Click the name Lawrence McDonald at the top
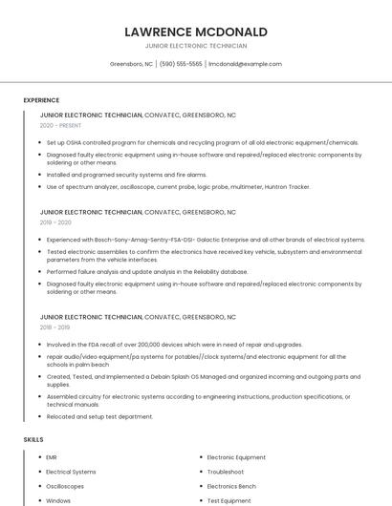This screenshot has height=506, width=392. point(195,32)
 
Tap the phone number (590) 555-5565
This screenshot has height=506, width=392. point(181,64)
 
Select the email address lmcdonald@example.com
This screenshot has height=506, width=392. point(245,64)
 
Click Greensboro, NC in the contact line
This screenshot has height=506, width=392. point(131,64)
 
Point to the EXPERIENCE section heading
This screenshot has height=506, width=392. point(41,100)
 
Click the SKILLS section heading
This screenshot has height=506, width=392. point(33,439)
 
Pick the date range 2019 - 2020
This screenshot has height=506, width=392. point(55,221)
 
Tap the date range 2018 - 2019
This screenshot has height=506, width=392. point(55,326)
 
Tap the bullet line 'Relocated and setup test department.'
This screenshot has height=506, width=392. point(99,416)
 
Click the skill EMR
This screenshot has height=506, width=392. point(52,457)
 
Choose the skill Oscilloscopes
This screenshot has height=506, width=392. point(65,486)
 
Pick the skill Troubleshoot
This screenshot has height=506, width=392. point(225,472)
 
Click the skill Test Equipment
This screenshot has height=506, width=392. point(229,500)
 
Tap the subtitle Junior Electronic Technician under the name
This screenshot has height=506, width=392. point(195,46)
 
